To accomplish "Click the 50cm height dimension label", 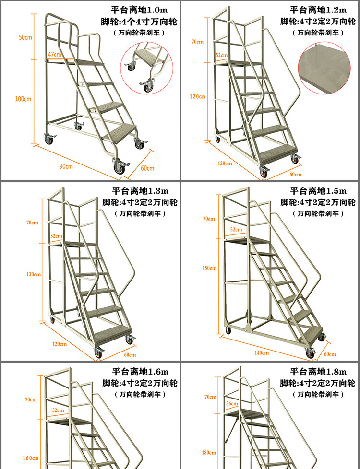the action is [25, 38].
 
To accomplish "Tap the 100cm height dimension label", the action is [23, 99].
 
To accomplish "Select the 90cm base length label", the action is [66, 166].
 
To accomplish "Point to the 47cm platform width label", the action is [54, 55].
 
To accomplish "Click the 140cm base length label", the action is [262, 352].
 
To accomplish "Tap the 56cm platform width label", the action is [232, 404].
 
